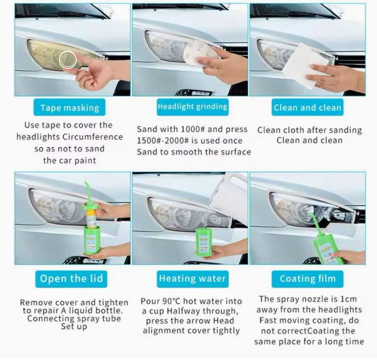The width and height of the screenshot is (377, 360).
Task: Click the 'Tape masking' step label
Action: point(70,107)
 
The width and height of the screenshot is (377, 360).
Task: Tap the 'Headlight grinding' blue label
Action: point(193,107)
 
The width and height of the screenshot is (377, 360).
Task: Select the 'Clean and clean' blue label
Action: point(307,107)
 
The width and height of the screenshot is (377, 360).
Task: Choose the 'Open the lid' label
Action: point(71,279)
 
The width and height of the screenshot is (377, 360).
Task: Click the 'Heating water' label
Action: point(193,279)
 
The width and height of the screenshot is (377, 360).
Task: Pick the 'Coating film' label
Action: point(307,279)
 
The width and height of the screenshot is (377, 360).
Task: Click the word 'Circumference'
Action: point(93,137)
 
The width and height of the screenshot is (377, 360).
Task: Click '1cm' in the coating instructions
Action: point(348,299)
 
